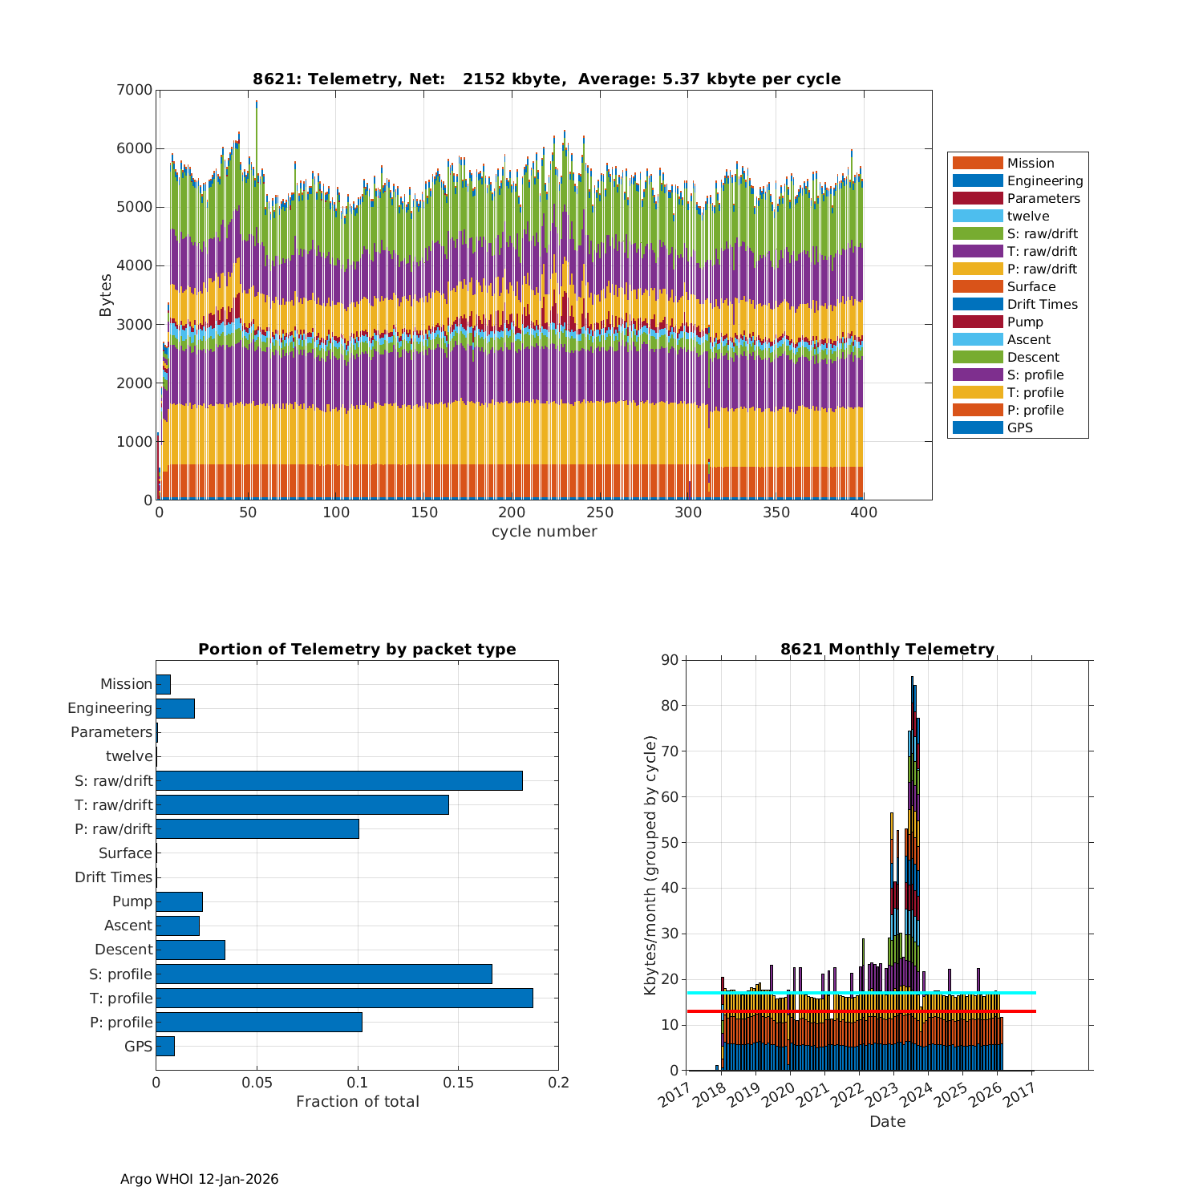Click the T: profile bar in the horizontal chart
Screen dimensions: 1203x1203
coord(344,998)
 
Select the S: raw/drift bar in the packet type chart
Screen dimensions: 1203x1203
coord(339,780)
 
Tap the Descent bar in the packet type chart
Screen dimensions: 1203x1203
coord(190,950)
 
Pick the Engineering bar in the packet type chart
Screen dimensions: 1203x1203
coord(175,708)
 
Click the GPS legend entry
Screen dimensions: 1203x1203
coord(1019,428)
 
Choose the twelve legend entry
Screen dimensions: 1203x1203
coord(1027,217)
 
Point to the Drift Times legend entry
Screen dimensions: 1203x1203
coord(1042,305)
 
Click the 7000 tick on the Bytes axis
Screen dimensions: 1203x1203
coord(136,90)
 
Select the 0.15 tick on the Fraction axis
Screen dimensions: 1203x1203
coord(458,1083)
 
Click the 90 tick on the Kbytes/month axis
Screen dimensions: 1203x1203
coord(669,660)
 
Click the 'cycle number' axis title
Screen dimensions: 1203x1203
coord(544,532)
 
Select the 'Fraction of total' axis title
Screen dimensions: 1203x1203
coord(357,1102)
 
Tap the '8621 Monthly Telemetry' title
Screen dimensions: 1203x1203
coord(887,650)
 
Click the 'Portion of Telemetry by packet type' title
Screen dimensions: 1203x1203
coord(357,650)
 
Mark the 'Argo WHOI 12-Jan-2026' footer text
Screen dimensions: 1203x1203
coord(199,1179)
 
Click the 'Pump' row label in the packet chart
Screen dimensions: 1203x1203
coord(132,901)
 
